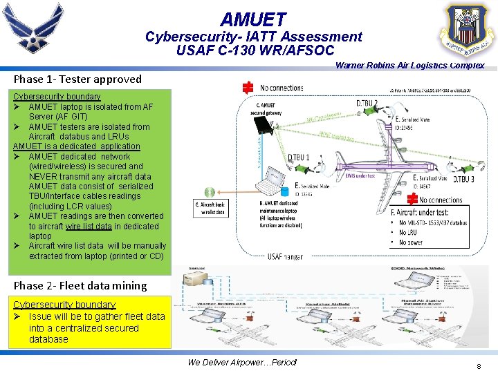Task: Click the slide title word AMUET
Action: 253,20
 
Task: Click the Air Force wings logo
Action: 33,29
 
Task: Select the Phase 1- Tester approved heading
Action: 77,79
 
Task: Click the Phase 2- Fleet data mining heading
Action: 80,285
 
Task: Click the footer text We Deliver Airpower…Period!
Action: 241,362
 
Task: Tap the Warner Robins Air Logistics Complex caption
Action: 409,66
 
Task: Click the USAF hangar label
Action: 285,256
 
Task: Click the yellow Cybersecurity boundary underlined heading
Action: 64,305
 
